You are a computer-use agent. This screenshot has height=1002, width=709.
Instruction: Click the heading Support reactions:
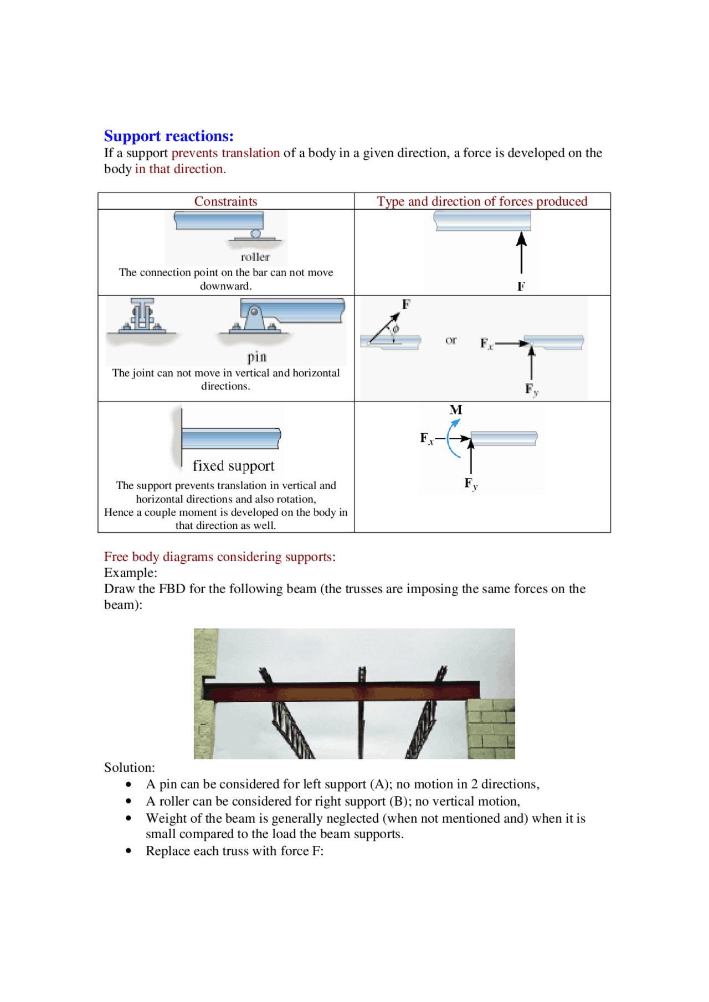(168, 136)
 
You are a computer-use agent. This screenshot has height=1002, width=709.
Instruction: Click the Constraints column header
(225, 201)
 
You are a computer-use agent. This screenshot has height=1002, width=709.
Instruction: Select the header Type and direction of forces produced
(481, 201)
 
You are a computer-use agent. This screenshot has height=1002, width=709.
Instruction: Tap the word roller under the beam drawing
(255, 257)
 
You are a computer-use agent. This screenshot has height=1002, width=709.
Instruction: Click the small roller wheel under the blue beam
(255, 233)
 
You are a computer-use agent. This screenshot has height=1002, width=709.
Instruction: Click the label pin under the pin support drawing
(256, 357)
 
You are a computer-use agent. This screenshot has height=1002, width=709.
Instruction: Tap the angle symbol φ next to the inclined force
(395, 329)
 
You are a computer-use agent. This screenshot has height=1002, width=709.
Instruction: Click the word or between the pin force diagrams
(451, 340)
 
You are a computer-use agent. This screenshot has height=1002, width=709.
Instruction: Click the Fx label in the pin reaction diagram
(486, 344)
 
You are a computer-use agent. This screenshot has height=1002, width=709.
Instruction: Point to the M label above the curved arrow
(456, 410)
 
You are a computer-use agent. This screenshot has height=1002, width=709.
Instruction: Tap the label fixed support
(233, 466)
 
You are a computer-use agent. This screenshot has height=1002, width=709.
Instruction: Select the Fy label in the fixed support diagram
(470, 484)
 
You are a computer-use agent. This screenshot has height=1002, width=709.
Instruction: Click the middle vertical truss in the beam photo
(361, 719)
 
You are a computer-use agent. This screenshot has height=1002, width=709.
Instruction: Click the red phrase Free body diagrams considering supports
(218, 557)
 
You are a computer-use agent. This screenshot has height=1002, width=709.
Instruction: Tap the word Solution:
(129, 767)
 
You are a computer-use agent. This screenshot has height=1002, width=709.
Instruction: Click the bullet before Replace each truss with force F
(129, 852)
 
